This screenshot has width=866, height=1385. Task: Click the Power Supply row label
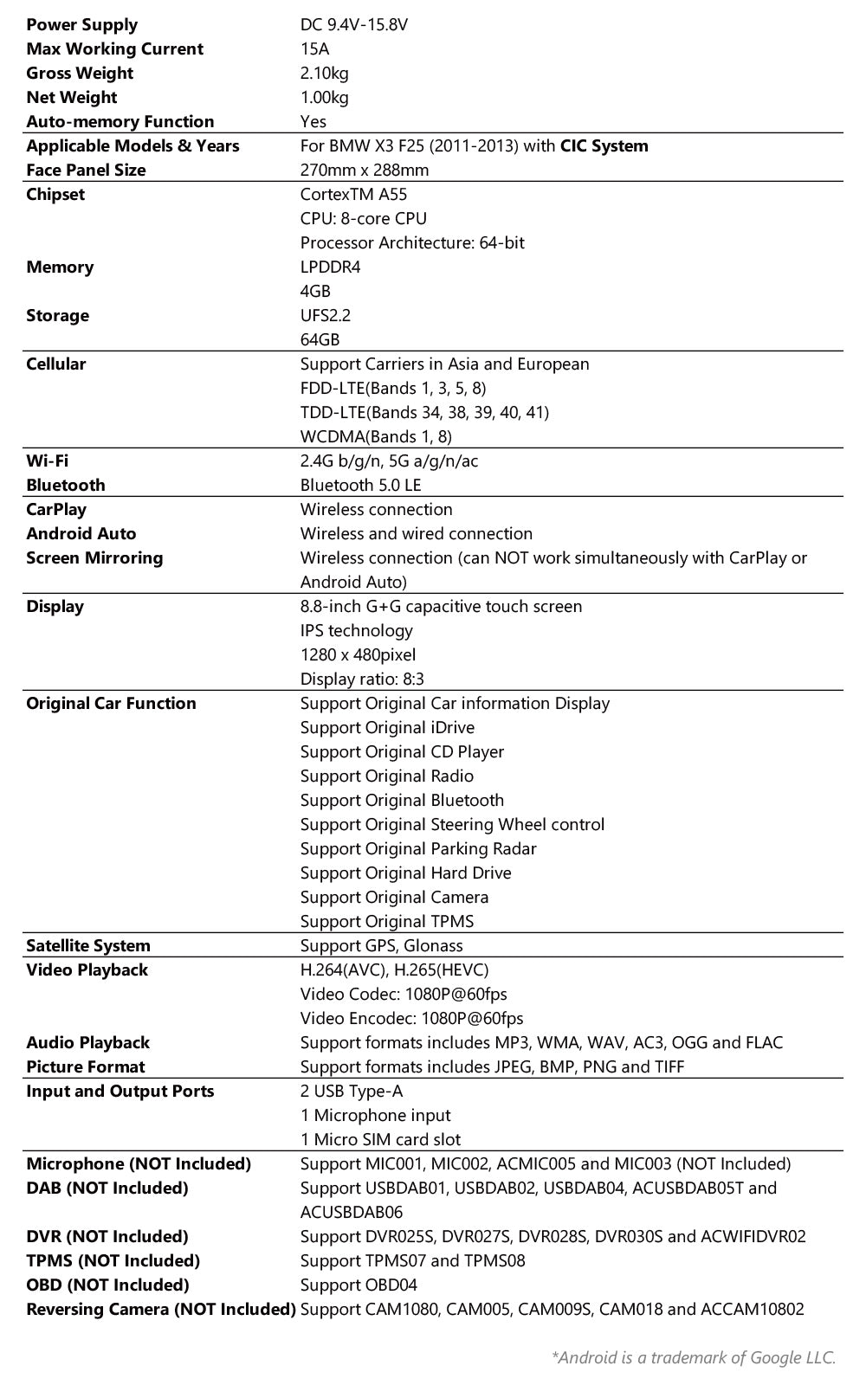point(81,25)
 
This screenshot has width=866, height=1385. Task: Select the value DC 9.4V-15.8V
point(353,25)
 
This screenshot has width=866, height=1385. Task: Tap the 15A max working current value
point(314,49)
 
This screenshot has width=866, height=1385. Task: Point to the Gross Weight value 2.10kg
point(324,74)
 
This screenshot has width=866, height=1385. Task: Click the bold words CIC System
point(604,146)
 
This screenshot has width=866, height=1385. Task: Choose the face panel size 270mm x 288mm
point(365,171)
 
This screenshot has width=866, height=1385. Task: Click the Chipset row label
point(55,195)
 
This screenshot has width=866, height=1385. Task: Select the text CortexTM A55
point(353,195)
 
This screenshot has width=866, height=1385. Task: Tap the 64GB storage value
point(320,340)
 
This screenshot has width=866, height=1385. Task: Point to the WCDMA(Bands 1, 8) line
point(376,437)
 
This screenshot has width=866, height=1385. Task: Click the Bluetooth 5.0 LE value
point(360,486)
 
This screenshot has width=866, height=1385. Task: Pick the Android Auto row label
point(81,534)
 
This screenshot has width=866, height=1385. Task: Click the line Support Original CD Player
point(402,752)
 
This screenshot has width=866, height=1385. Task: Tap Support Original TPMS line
point(387,922)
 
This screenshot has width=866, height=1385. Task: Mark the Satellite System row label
point(87,946)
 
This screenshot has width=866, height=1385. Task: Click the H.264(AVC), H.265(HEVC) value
point(394,970)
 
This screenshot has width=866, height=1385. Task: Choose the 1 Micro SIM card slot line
point(380,1140)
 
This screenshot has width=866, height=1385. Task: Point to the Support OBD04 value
point(359,1285)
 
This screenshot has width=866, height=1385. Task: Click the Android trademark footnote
point(693,1357)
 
